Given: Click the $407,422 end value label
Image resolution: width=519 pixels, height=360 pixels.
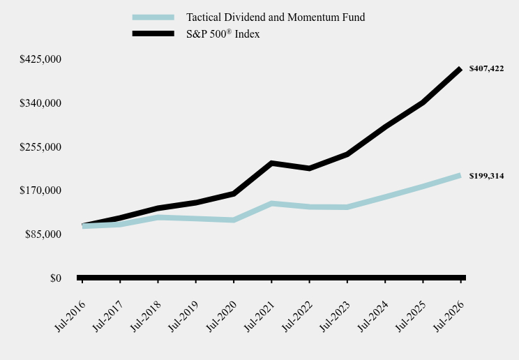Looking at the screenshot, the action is [x=486, y=68].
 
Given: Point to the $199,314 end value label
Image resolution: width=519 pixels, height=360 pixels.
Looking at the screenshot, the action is [x=486, y=176].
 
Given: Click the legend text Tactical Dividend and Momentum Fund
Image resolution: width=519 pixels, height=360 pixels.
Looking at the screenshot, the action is [x=276, y=17].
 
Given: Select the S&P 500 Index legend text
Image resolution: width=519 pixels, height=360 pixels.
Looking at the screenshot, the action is [x=223, y=33].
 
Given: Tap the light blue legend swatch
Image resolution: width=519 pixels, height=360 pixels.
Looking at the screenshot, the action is [x=153, y=17].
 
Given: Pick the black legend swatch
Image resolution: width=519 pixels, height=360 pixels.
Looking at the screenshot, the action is [x=153, y=33].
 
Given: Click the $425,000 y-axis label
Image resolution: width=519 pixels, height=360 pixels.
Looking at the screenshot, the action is [x=40, y=59].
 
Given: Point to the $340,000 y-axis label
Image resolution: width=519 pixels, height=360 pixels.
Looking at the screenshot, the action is [x=40, y=103].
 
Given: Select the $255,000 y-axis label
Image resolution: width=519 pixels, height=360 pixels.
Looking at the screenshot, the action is [x=40, y=147].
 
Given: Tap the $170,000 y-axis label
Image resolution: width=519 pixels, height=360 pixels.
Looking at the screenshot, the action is [x=40, y=190].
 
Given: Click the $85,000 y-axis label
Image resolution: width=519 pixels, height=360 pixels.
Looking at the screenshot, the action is [x=43, y=234].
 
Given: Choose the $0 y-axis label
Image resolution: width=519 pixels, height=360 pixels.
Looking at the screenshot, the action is [x=56, y=278].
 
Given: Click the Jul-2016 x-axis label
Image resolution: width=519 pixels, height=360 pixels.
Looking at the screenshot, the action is [x=70, y=316].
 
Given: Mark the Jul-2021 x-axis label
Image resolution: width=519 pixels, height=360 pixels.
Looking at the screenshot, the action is [x=259, y=316].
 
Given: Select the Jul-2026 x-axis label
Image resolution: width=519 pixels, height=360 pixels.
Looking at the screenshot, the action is [x=449, y=316].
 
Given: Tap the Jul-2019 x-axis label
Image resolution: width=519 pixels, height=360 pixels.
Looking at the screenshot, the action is [x=183, y=316].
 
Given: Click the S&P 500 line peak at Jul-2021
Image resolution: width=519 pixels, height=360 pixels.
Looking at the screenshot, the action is [x=271, y=163].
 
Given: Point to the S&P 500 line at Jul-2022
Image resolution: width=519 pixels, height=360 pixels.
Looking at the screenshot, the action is [x=309, y=168].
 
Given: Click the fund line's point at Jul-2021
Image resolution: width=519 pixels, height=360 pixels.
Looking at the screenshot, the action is [x=271, y=203].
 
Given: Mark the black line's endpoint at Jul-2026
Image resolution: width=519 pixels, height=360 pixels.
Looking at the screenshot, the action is [x=460, y=69].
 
